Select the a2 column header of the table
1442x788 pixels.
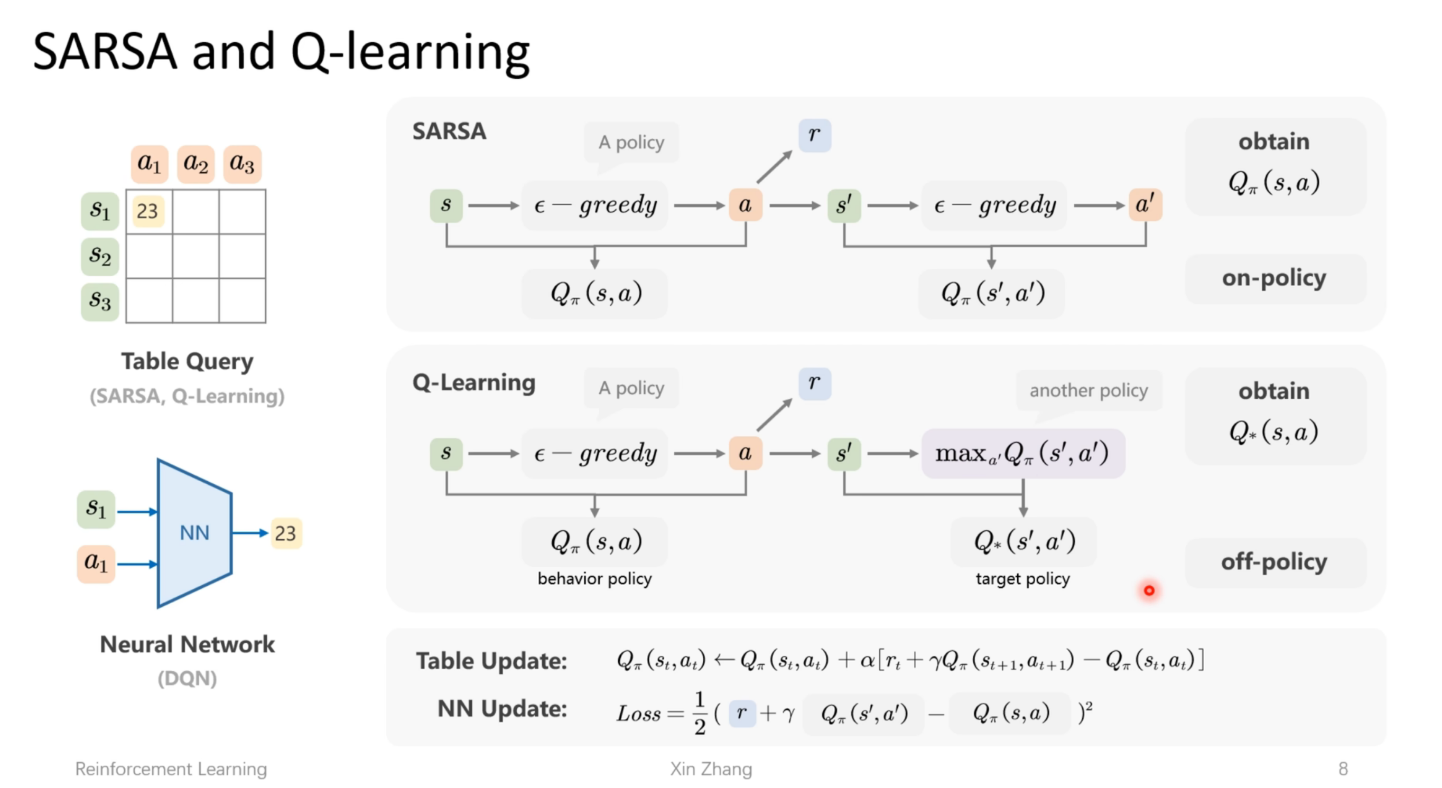pyautogui.click(x=196, y=164)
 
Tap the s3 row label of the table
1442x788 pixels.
pyautogui.click(x=100, y=302)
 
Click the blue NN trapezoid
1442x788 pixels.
pyautogui.click(x=194, y=533)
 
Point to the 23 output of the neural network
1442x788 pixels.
pyautogui.click(x=285, y=533)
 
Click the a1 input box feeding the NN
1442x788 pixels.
pyautogui.click(x=96, y=563)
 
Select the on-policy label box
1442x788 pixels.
pyautogui.click(x=1274, y=278)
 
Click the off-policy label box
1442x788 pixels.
pyautogui.click(x=1274, y=562)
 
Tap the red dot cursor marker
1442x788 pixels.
pyautogui.click(x=1149, y=590)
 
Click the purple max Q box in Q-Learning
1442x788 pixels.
pyautogui.click(x=1022, y=454)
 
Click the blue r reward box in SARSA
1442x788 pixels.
pyautogui.click(x=814, y=135)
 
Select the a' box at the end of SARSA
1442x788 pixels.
pyautogui.click(x=1145, y=205)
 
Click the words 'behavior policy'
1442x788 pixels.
pyautogui.click(x=594, y=579)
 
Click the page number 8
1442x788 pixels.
pyautogui.click(x=1343, y=769)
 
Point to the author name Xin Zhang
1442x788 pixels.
pyautogui.click(x=711, y=769)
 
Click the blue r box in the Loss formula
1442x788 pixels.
pyautogui.click(x=742, y=714)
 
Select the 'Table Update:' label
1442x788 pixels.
pyautogui.click(x=491, y=661)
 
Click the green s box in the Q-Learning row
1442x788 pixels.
pyautogui.click(x=446, y=454)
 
